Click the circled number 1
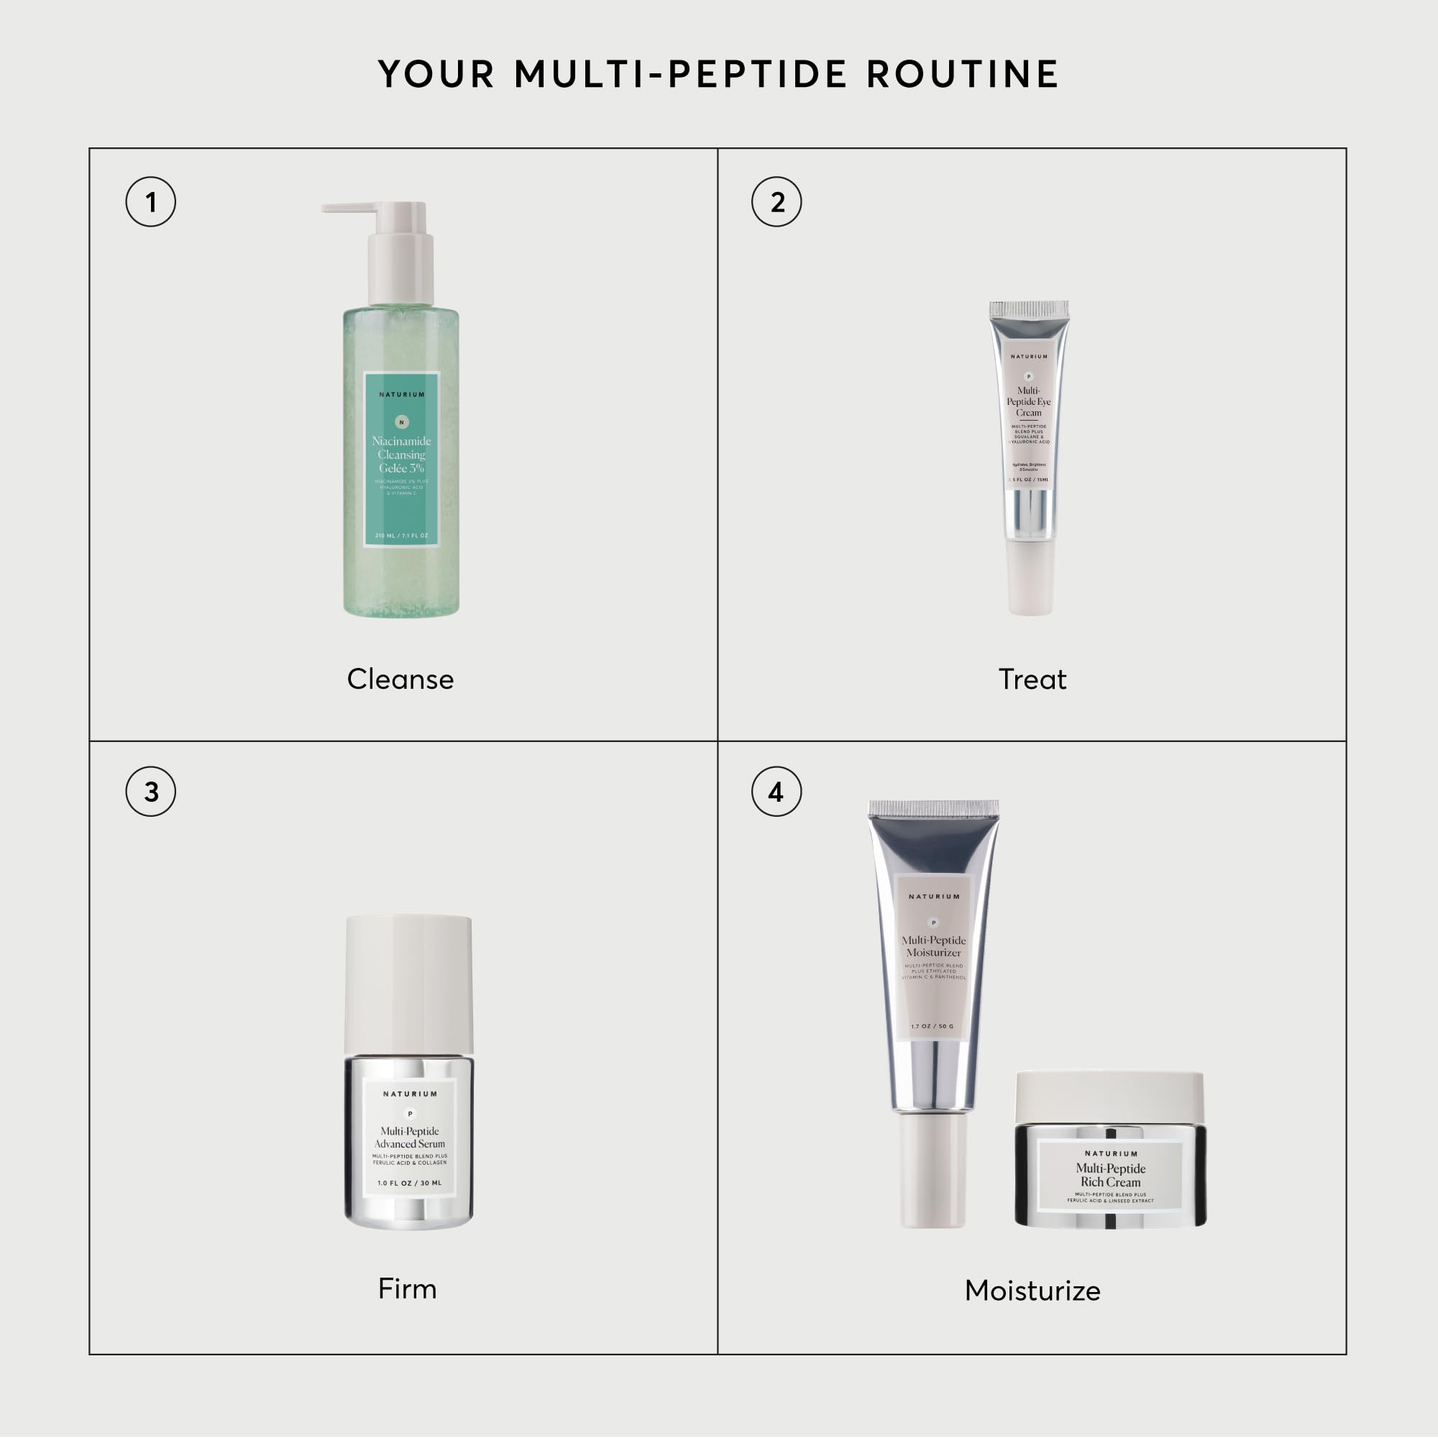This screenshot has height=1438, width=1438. pyautogui.click(x=151, y=202)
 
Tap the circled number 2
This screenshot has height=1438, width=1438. pyautogui.click(x=777, y=202)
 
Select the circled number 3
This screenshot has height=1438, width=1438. pyautogui.click(x=151, y=791)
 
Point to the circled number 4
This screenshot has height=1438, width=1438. pyautogui.click(x=777, y=791)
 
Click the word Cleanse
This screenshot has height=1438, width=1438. pyautogui.click(x=400, y=679)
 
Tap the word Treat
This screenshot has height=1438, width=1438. pyautogui.click(x=1032, y=679)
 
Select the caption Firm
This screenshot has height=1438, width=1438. pyautogui.click(x=407, y=1288)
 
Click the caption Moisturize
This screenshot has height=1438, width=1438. pyautogui.click(x=1032, y=1290)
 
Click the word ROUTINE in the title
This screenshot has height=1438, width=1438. pyautogui.click(x=963, y=75)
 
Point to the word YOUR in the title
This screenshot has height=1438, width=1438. pyautogui.click(x=437, y=75)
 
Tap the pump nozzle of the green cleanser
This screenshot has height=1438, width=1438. pyautogui.click(x=350, y=209)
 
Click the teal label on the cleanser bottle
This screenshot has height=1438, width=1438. pyautogui.click(x=402, y=459)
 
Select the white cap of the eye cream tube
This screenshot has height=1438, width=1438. pyautogui.click(x=1030, y=577)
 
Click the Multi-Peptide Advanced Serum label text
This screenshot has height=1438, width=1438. pyautogui.click(x=409, y=1137)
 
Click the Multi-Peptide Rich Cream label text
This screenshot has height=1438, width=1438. pyautogui.click(x=1109, y=1176)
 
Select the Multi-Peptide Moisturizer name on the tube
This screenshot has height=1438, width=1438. pyautogui.click(x=933, y=946)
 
